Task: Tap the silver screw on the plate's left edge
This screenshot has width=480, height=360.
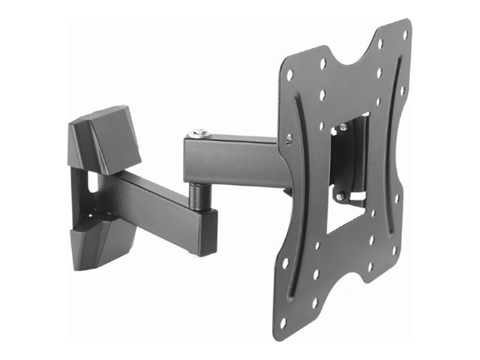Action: tap(289, 138)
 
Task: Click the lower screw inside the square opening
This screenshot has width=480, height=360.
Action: tap(341, 196)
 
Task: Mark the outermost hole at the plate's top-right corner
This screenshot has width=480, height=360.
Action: tap(405, 34)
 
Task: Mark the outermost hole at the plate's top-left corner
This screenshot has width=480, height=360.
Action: tap(290, 76)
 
